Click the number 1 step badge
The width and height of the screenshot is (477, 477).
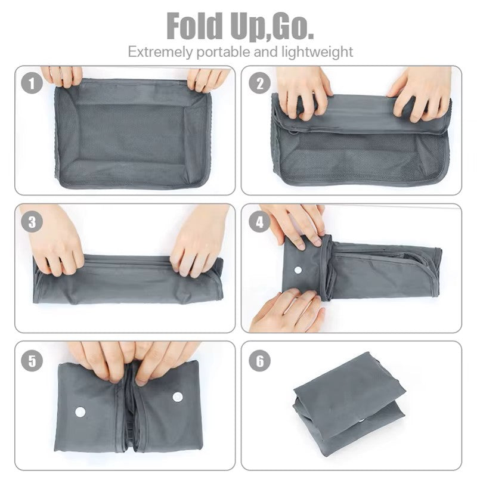tap(32, 83)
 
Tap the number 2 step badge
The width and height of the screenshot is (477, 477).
tap(259, 83)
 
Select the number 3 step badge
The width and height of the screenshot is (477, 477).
tap(32, 221)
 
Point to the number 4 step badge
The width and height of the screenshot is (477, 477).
tap(259, 221)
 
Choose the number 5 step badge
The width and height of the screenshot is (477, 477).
tap(32, 360)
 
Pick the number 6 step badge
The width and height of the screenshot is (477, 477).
tap(259, 360)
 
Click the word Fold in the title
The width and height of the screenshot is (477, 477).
tap(195, 26)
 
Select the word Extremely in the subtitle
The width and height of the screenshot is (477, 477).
tap(160, 52)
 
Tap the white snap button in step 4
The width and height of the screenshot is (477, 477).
tap(298, 270)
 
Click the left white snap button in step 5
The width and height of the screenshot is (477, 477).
tap(80, 412)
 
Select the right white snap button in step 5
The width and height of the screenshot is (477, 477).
tap(178, 397)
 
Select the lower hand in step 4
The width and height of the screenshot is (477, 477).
tap(287, 311)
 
